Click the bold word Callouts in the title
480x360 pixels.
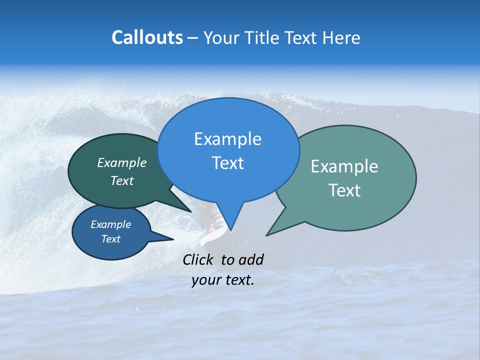pos(147,37)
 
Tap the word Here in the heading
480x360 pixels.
pos(341,37)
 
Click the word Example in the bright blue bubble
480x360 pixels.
pos(227,139)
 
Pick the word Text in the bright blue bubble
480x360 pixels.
pos(227,163)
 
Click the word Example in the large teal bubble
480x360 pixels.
pos(344,166)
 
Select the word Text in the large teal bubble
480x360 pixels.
pos(344,190)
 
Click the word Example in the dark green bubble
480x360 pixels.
pos(122,163)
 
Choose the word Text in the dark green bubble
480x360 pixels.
pos(122,181)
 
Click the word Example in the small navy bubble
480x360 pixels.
pos(110,225)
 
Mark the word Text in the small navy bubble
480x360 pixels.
pos(110,239)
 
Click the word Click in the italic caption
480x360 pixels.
pos(199,259)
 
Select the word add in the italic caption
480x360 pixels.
pos(251,259)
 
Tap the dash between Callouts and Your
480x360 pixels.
pos(193,38)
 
